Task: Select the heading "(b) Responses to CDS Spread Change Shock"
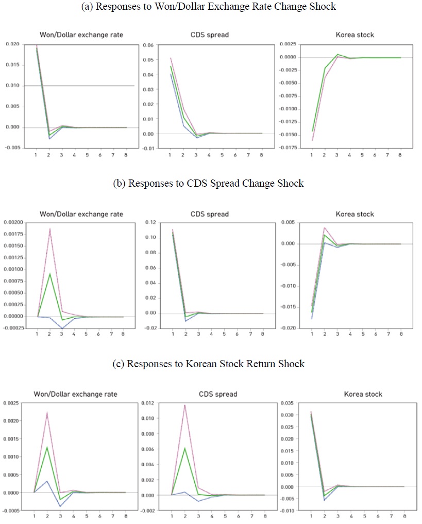click(x=208, y=184)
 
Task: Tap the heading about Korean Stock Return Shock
click(x=208, y=364)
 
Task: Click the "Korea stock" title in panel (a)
click(x=355, y=35)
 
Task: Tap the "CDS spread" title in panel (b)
click(x=210, y=214)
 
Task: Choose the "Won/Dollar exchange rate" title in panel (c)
click(x=75, y=394)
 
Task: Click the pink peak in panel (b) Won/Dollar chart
click(x=50, y=229)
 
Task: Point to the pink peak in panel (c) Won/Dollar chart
click(x=47, y=412)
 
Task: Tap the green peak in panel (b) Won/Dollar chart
click(x=50, y=273)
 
